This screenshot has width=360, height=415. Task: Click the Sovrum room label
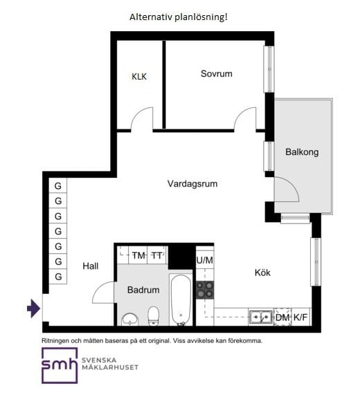tap(217, 73)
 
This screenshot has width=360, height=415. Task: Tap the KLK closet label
tap(139, 77)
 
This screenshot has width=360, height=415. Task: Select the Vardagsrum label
tap(192, 184)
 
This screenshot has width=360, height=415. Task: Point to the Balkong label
tap(302, 152)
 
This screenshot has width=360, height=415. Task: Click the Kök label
tap(262, 273)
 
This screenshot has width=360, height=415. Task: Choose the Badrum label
tap(143, 290)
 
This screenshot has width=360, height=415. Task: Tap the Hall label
tap(90, 266)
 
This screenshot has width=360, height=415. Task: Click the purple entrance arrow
tap(34, 308)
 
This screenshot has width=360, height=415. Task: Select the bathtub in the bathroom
tap(181, 300)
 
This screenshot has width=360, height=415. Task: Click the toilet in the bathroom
tap(153, 316)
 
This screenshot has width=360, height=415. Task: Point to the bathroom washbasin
tap(129, 320)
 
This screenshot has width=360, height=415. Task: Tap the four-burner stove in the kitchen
tap(205, 290)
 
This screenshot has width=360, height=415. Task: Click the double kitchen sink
tap(261, 317)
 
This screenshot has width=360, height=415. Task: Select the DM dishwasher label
tap(282, 317)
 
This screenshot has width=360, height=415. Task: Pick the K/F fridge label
tap(300, 317)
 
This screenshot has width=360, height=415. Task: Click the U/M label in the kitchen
tap(205, 260)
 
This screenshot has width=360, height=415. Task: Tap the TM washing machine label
tap(138, 256)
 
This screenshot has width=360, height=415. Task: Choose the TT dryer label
tap(157, 256)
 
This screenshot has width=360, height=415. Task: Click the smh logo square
tap(60, 365)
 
